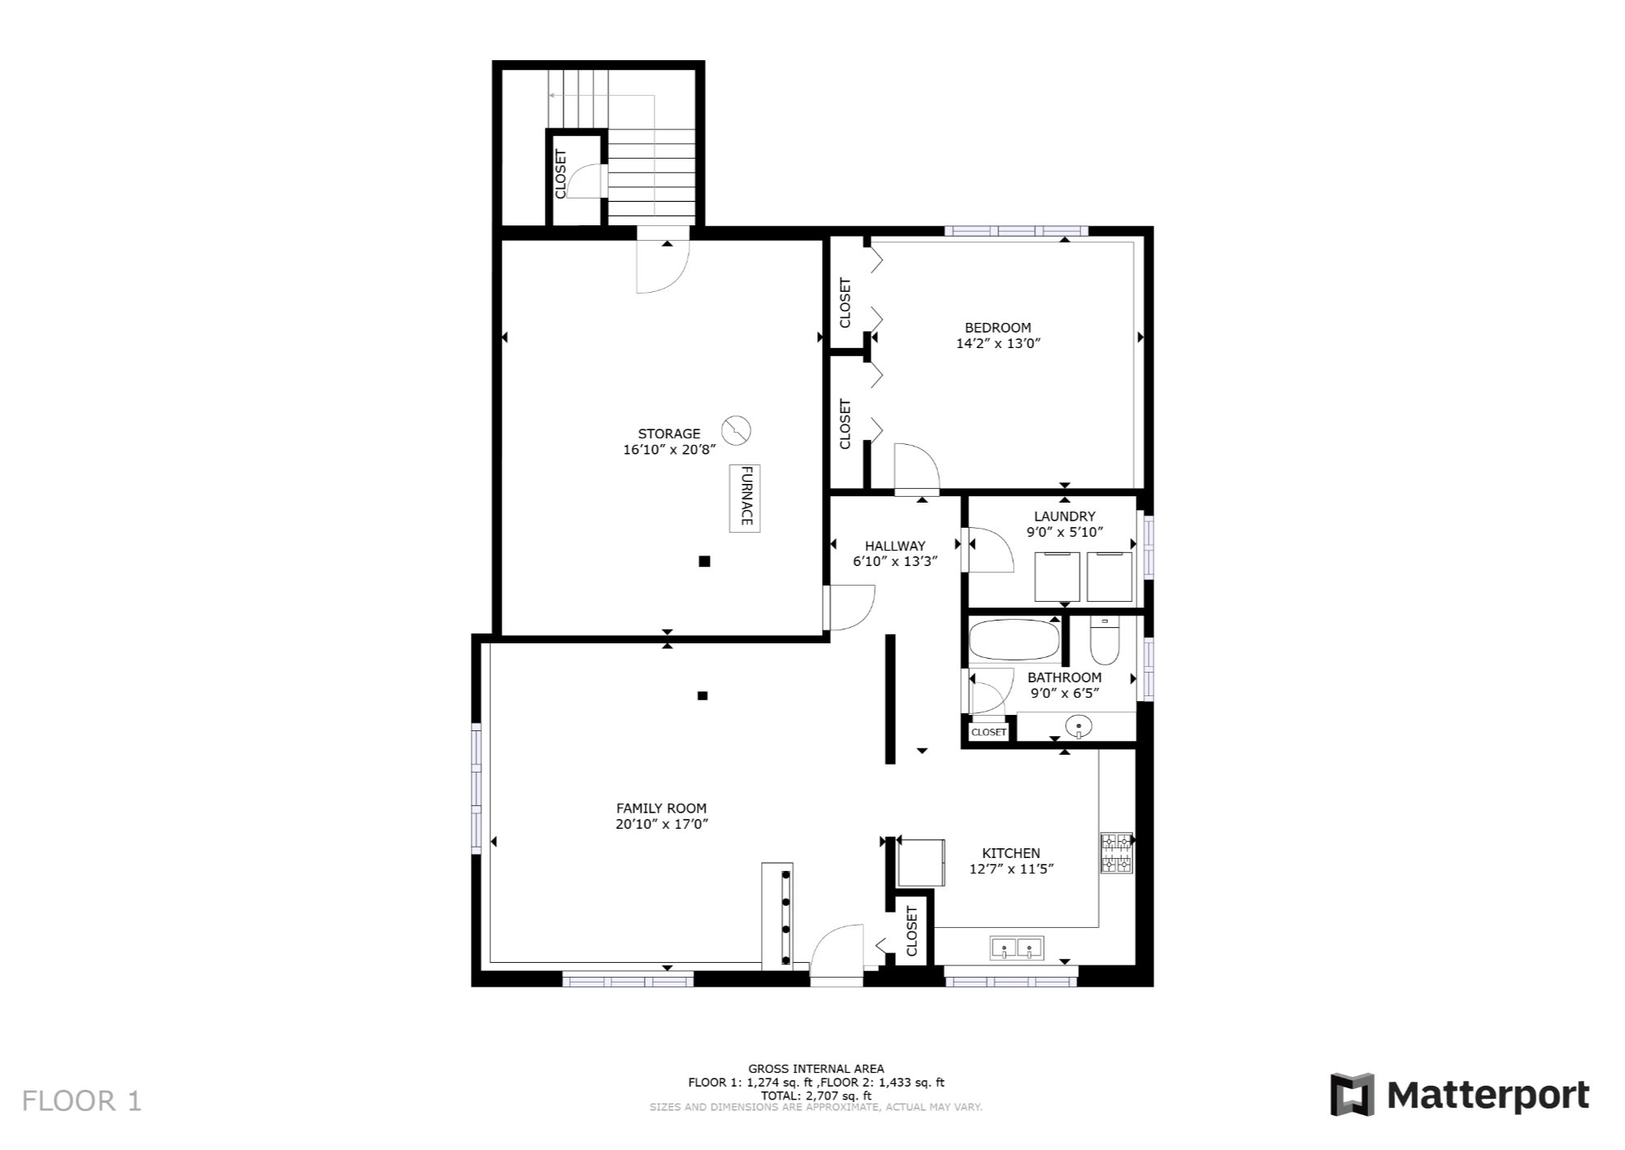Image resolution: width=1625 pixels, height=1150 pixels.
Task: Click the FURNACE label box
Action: pos(745,497)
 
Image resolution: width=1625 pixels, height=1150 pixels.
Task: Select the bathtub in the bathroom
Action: pos(1015,640)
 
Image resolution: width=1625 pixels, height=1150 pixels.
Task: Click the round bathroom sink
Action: pos(1078,725)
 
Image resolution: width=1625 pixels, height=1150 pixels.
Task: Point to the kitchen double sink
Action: pos(1016,948)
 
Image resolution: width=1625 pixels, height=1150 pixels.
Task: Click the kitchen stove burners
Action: pos(1116,853)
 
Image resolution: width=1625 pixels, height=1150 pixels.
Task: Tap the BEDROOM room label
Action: pos(997,328)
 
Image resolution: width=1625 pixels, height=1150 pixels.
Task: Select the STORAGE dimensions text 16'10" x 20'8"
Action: pos(669,450)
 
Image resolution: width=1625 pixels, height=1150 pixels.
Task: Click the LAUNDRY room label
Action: pos(1064,516)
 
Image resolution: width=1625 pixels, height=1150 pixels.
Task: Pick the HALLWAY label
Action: pos(895,547)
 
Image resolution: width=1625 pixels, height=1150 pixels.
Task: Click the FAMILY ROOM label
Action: pos(661,808)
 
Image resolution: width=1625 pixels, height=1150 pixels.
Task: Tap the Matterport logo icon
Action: pos(1352,1095)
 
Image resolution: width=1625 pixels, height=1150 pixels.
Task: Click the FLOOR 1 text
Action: pos(82,1101)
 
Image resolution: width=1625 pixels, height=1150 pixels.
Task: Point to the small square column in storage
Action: pos(705,561)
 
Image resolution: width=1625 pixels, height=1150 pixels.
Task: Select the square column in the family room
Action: pos(702,695)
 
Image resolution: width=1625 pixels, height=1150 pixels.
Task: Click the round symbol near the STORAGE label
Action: pos(736,430)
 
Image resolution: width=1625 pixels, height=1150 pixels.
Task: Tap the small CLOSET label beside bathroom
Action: pos(988,732)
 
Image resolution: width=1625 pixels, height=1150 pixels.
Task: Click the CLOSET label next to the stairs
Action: pos(560,174)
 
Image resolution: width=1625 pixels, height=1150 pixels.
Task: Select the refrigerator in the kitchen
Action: pos(921,862)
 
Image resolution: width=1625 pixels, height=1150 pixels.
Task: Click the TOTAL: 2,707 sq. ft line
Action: pos(816,1096)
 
